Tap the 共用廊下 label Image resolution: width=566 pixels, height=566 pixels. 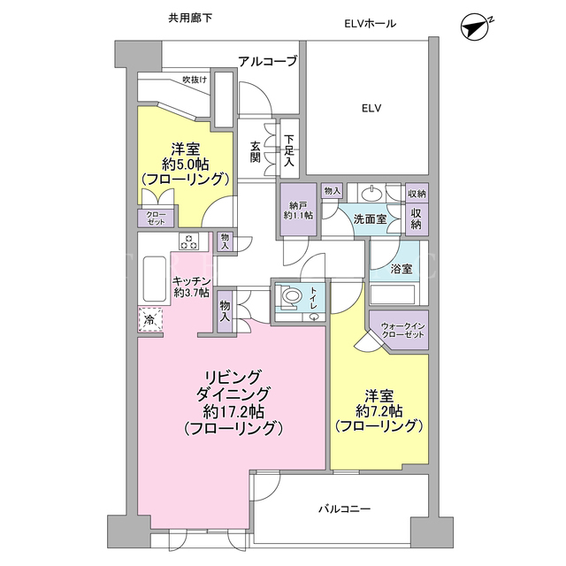(x=190, y=18)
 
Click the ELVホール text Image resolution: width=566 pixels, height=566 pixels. (x=370, y=24)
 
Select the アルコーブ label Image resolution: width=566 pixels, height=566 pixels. (x=267, y=61)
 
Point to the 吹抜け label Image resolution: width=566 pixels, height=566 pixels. (x=195, y=79)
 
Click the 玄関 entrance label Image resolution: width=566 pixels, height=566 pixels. (x=256, y=151)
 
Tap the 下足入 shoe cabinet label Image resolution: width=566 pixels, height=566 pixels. (x=289, y=150)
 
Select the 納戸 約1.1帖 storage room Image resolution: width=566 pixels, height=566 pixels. (x=298, y=210)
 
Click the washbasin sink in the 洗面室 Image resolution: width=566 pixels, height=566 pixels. (x=371, y=195)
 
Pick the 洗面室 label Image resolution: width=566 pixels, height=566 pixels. (x=370, y=218)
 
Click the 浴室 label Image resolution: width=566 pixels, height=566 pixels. (x=402, y=269)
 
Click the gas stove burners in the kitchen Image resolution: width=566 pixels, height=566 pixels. (x=189, y=241)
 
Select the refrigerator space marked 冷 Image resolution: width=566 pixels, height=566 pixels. (x=150, y=319)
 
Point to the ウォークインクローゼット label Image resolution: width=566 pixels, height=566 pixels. (x=402, y=330)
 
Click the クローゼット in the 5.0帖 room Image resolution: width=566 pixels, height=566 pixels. (x=156, y=218)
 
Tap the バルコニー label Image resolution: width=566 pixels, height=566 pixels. (x=345, y=509)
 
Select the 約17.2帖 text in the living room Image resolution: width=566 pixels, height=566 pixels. (x=233, y=411)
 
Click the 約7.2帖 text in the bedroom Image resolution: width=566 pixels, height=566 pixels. (x=379, y=411)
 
